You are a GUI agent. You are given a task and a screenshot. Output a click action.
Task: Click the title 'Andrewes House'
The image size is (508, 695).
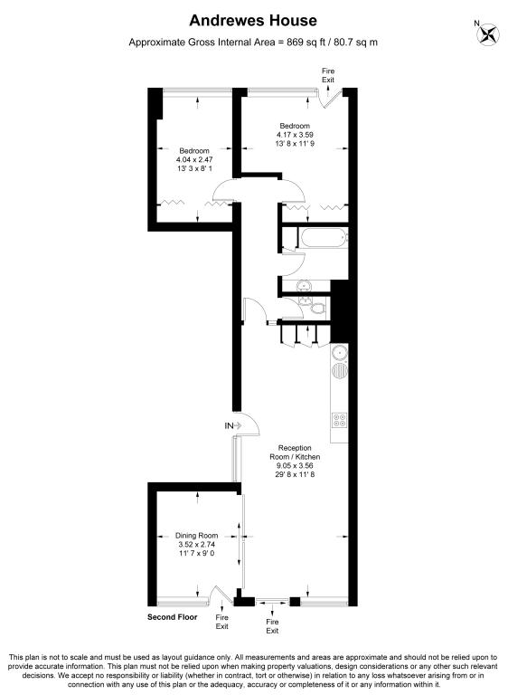[x=253, y=21]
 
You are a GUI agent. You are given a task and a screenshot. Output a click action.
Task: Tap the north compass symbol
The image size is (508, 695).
[x=487, y=33]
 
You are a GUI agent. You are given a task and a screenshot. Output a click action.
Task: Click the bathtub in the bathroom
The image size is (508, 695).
[x=324, y=238]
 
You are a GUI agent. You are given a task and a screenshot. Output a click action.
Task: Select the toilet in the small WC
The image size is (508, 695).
[x=317, y=307]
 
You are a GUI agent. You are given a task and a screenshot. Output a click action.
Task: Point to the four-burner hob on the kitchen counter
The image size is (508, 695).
[x=340, y=420]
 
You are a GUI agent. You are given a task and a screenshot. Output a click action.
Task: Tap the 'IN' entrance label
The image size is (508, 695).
[x=229, y=426]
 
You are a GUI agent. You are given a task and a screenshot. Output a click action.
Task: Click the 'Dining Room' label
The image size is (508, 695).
[x=196, y=536]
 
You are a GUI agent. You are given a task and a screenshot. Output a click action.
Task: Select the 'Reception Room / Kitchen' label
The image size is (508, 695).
[x=295, y=452]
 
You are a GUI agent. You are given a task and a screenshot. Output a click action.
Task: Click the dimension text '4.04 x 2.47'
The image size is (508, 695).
[x=194, y=159]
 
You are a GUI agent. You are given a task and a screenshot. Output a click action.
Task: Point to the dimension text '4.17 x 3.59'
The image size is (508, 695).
[x=295, y=135]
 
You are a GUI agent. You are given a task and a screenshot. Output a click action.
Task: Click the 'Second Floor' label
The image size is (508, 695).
[x=173, y=617]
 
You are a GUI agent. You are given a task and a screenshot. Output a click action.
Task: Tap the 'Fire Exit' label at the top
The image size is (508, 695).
[x=328, y=75]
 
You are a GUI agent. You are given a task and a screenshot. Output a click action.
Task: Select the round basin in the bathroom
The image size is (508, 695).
[x=305, y=285]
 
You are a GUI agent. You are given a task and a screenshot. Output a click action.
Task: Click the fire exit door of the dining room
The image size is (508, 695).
[x=221, y=595]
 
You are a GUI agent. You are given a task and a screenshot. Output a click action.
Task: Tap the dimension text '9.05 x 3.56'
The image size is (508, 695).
[x=295, y=465]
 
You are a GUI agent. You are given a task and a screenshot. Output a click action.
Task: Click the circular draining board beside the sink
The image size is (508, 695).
[x=340, y=370]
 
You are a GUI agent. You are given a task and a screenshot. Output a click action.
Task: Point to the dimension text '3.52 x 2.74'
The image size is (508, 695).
[x=196, y=544]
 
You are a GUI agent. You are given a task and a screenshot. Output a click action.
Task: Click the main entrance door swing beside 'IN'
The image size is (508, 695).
[x=248, y=424]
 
